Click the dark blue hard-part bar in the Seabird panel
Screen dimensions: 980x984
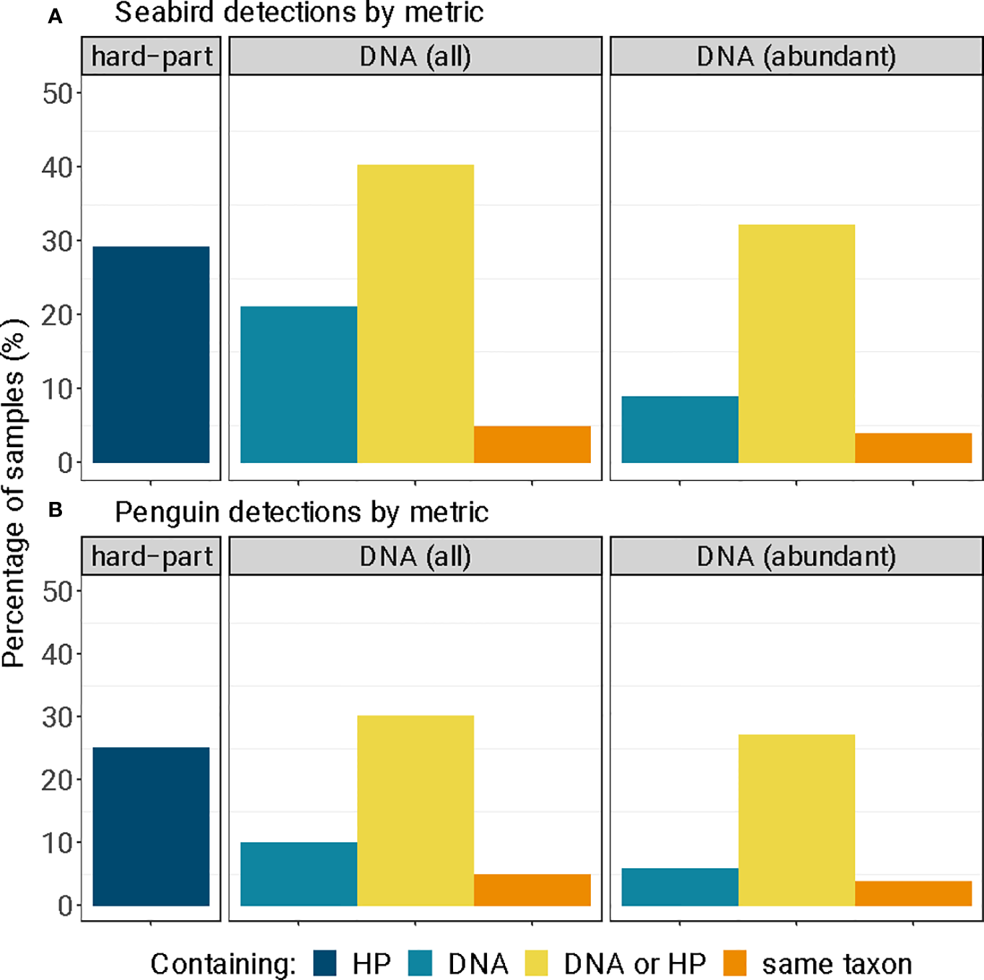[x=151, y=354]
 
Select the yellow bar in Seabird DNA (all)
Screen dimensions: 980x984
[x=416, y=314]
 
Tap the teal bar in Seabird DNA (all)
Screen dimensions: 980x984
[x=299, y=384]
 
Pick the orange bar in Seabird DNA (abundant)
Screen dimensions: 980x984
[x=913, y=448]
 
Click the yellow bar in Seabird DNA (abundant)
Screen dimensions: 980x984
[x=796, y=343]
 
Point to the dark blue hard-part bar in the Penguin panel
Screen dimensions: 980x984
[x=151, y=826]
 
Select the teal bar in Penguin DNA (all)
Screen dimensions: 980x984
[x=299, y=873]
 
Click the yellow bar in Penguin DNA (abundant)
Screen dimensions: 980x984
[x=796, y=820]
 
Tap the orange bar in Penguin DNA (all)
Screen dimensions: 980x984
[x=532, y=890]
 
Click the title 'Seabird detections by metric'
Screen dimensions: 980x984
[x=299, y=13]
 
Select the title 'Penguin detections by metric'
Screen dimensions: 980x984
[x=302, y=512]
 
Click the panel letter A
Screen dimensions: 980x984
[x=56, y=17]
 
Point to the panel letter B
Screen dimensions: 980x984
[x=56, y=510]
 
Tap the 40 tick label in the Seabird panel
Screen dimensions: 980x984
[x=57, y=167]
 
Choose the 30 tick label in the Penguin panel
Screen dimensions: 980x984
[x=57, y=718]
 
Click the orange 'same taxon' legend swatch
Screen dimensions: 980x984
[x=734, y=963]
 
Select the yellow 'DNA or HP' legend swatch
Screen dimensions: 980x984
[x=536, y=963]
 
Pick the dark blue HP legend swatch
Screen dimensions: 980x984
[x=325, y=963]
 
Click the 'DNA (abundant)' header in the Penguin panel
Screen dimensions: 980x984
[x=796, y=556]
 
